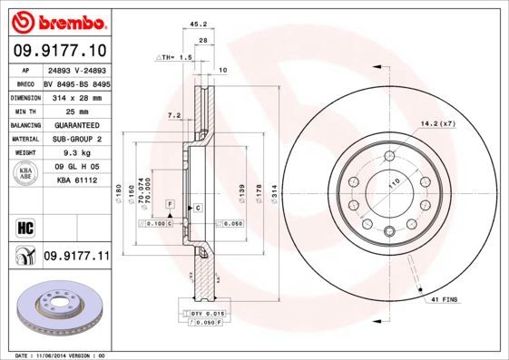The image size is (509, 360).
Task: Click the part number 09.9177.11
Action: pyautogui.click(x=77, y=258)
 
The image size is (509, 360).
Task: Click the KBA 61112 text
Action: pyautogui.click(x=75, y=180)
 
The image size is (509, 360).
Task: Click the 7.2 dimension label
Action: pyautogui.click(x=175, y=115)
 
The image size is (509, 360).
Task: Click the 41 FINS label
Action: pyautogui.click(x=444, y=298)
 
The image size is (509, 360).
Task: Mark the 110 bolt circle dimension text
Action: pyautogui.click(x=394, y=184)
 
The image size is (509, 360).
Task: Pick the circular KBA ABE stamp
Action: pyautogui.click(x=25, y=174)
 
